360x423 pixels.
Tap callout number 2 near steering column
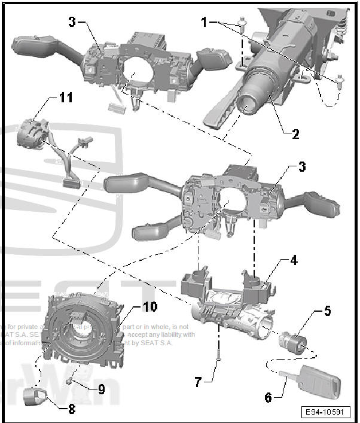(295, 134)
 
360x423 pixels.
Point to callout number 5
(327, 311)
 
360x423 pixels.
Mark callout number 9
(102, 389)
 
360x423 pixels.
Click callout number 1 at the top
(205, 22)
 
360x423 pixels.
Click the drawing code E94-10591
(326, 412)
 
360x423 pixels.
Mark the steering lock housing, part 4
(230, 299)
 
